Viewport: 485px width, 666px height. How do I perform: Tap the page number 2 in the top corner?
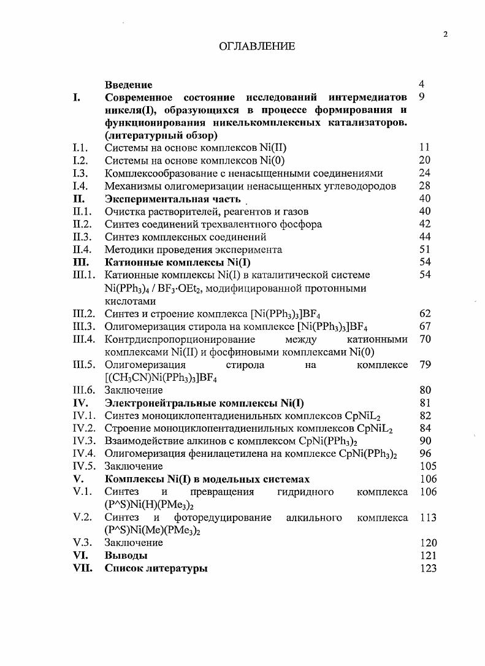click(x=446, y=34)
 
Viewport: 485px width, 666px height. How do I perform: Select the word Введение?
click(x=128, y=85)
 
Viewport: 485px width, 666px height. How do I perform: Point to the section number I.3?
click(x=80, y=173)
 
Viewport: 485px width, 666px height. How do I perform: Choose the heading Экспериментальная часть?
click(x=174, y=199)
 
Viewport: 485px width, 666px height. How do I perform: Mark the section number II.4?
click(x=82, y=250)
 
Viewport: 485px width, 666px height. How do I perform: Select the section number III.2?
click(x=83, y=314)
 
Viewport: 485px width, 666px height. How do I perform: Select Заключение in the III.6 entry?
click(x=134, y=390)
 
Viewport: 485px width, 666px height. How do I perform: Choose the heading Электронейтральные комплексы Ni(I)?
click(x=204, y=403)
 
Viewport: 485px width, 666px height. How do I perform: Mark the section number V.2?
click(x=82, y=518)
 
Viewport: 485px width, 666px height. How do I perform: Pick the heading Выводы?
click(x=126, y=556)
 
